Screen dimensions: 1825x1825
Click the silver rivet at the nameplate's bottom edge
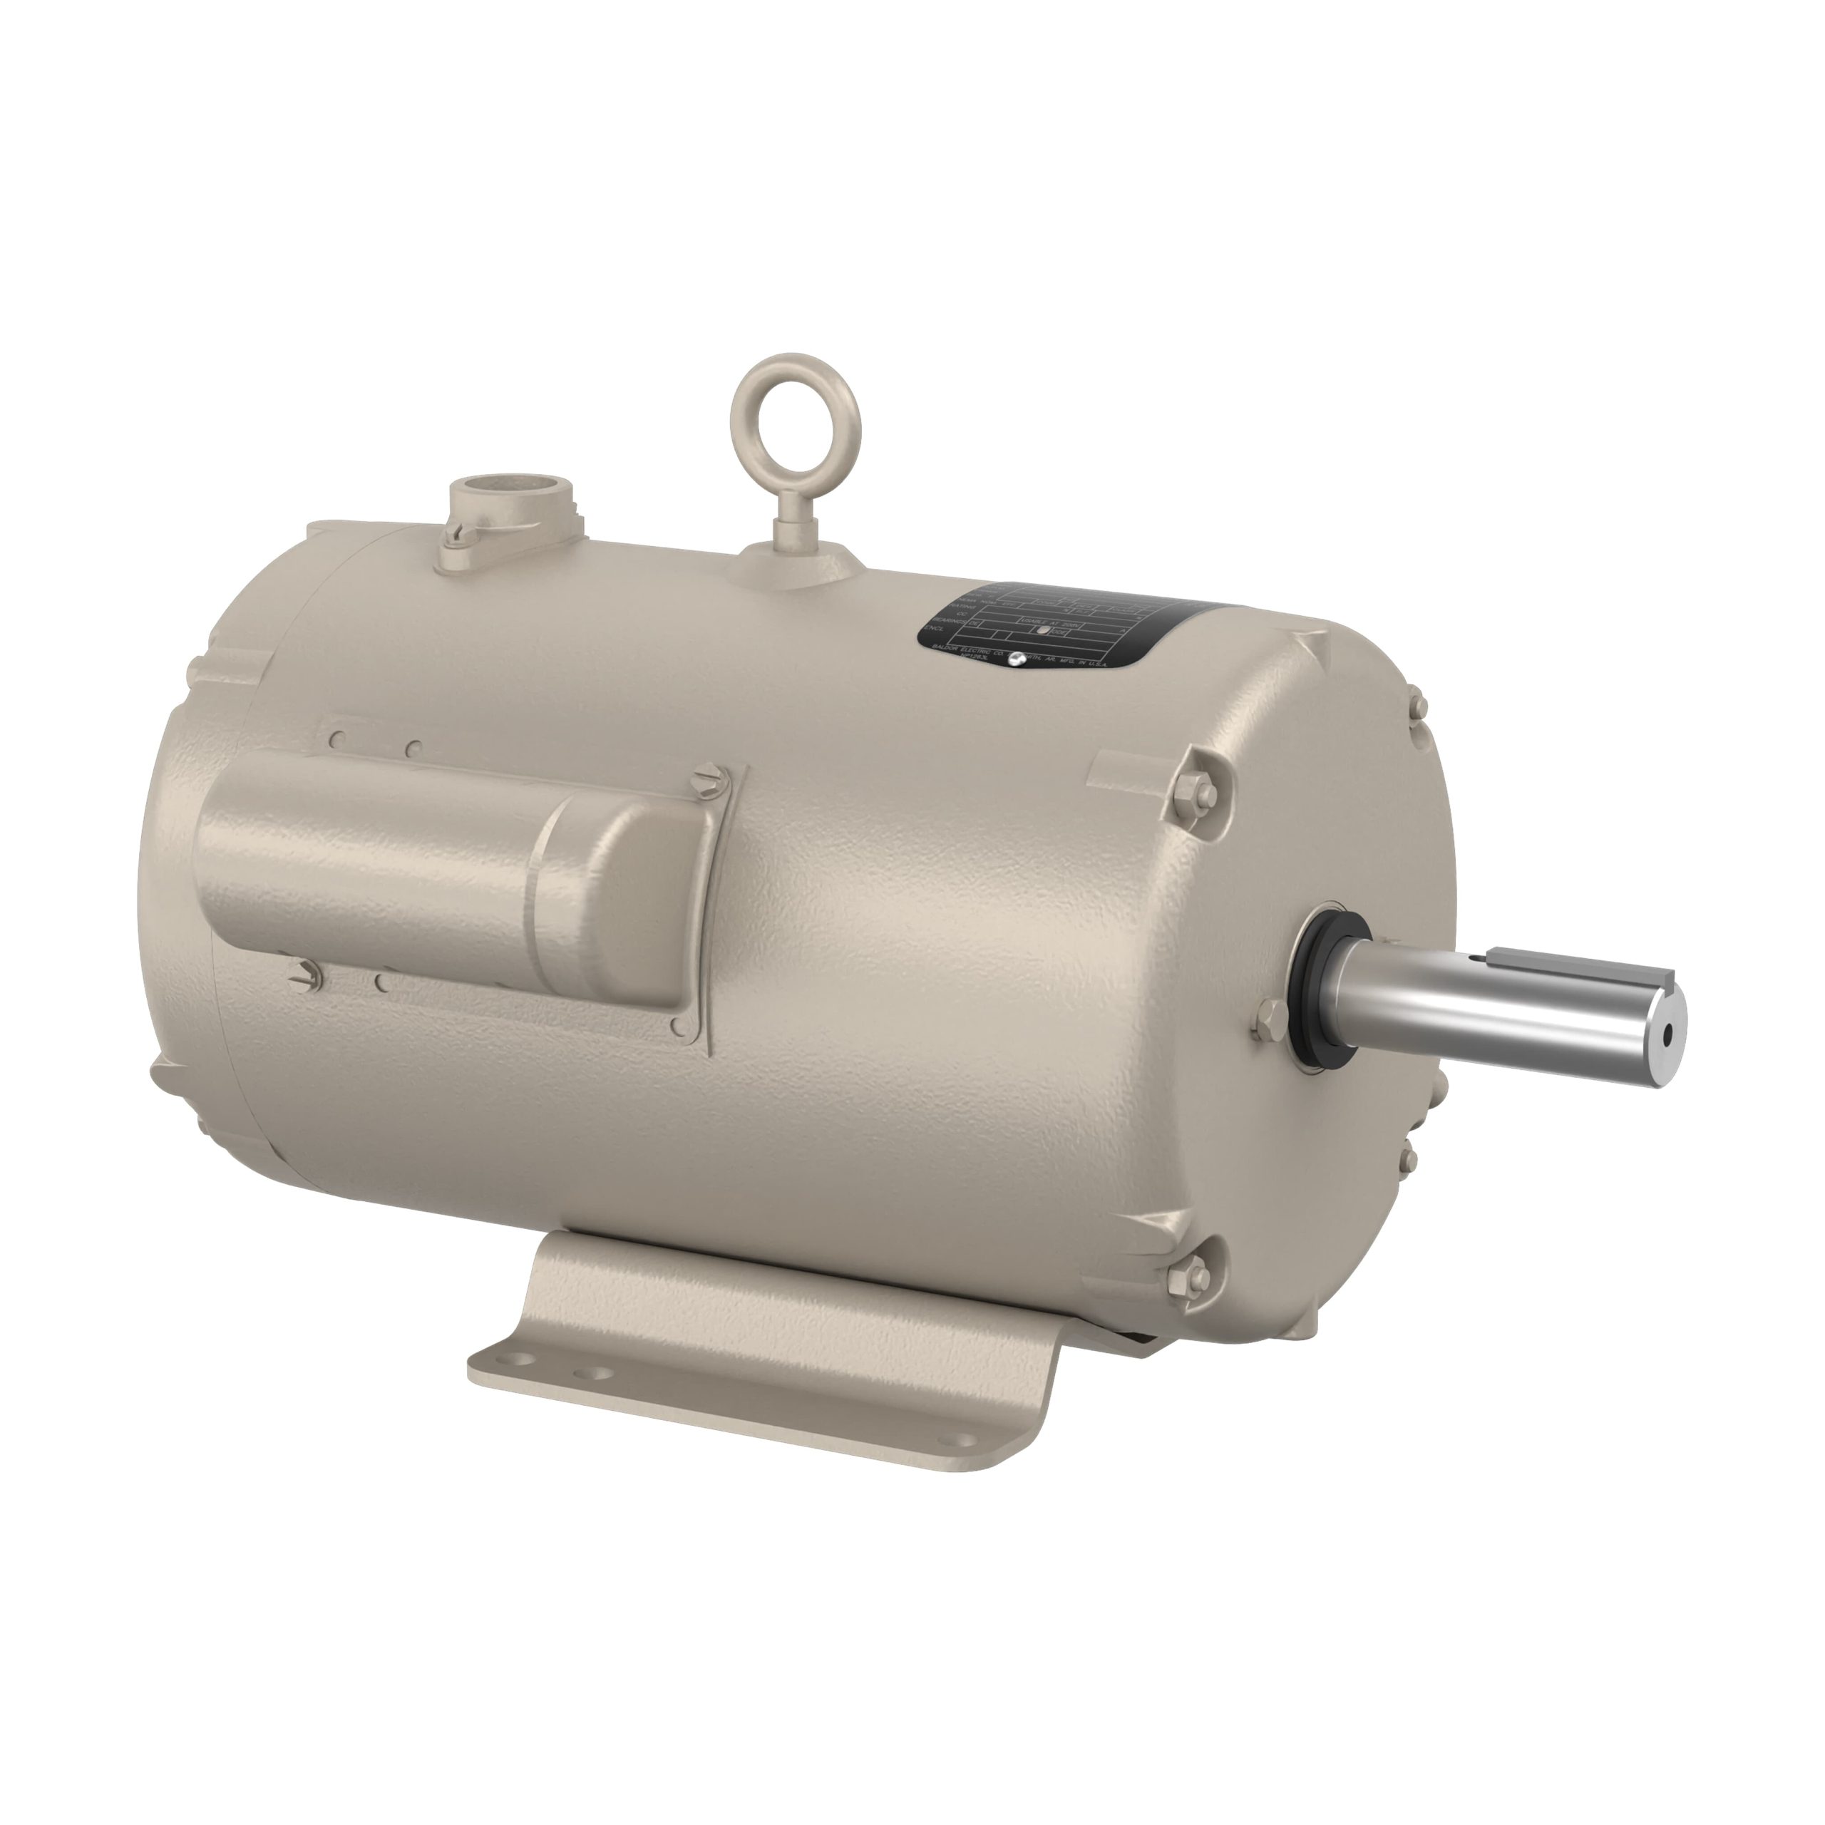1017,659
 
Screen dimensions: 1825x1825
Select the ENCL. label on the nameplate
935,627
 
